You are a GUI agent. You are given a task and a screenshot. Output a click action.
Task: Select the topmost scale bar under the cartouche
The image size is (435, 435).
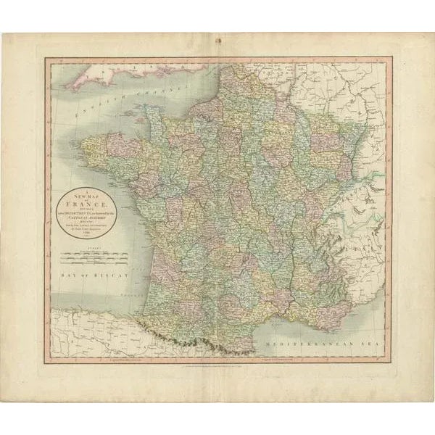coord(93,253)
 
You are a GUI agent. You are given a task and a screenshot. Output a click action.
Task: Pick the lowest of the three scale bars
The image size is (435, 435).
coord(93,264)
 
